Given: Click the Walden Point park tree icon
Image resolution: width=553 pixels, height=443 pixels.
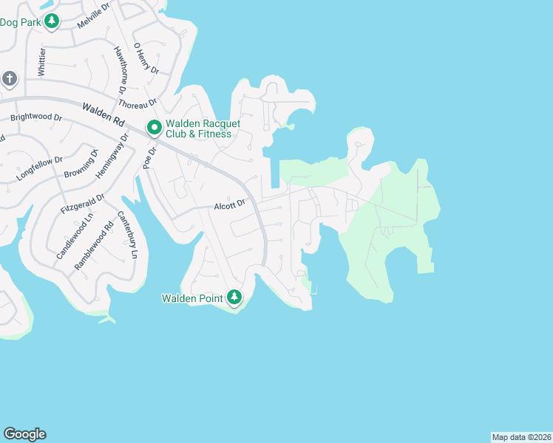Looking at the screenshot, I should [234, 297].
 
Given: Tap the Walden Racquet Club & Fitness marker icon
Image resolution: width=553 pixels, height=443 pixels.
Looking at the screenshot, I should [155, 128].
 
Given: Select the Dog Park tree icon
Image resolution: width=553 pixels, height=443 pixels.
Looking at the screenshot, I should [51, 21].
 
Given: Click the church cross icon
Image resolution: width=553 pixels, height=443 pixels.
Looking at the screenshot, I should [9, 78].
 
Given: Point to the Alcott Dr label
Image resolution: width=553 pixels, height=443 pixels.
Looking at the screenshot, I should [229, 206].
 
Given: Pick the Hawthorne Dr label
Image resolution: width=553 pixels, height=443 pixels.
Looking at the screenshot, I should [121, 70].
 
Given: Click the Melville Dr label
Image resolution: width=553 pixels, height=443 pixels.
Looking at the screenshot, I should [92, 13].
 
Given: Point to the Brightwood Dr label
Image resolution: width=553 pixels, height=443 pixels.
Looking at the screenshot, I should [35, 117].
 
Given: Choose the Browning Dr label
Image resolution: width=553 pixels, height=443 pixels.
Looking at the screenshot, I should [82, 165].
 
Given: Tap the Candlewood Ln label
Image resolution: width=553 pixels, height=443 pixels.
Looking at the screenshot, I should [65, 237].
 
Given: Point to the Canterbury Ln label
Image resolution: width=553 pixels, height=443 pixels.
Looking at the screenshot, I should [128, 235].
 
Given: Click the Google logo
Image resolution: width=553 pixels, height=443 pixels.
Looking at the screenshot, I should [24, 434].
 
